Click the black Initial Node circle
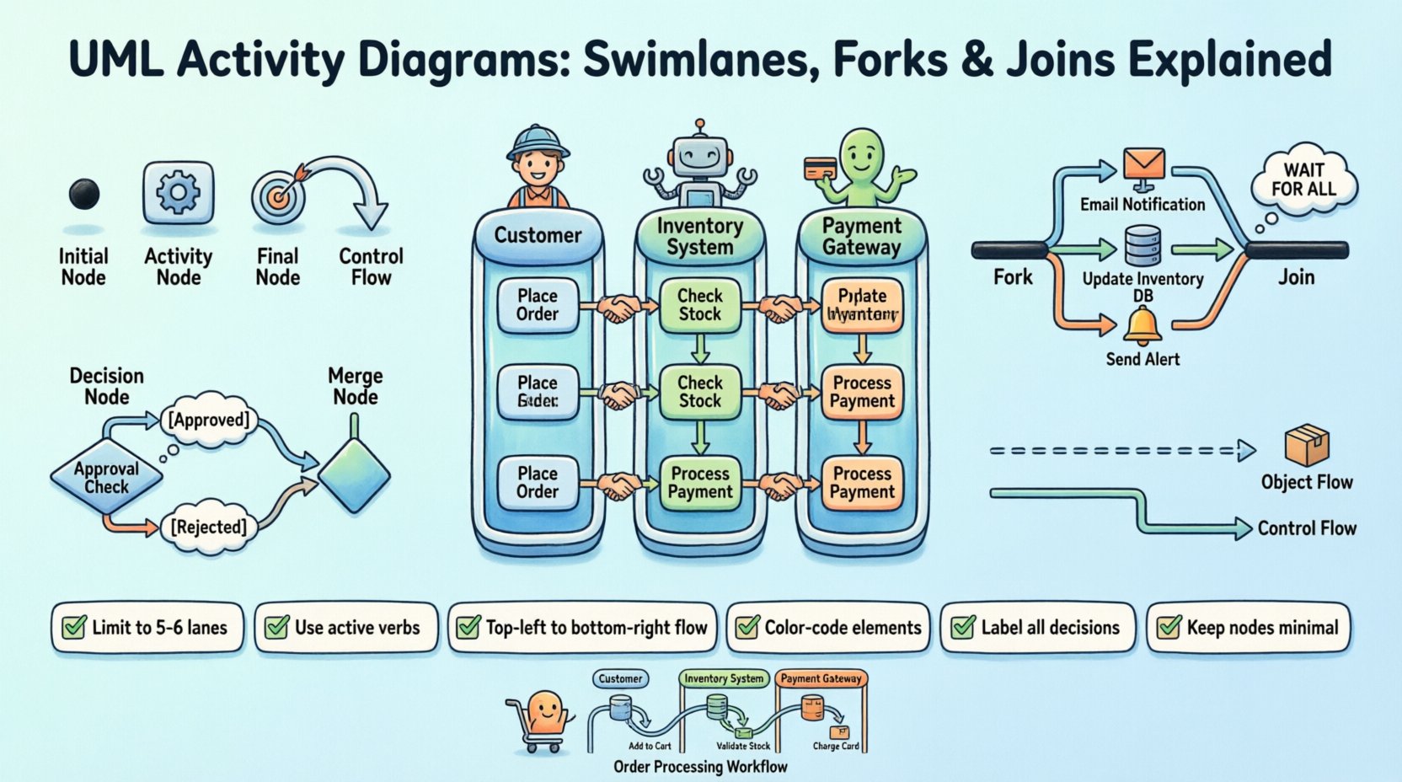click(x=84, y=195)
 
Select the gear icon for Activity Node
click(x=178, y=193)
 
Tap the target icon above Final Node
click(x=278, y=195)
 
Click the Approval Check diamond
click(x=106, y=478)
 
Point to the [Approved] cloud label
click(x=209, y=420)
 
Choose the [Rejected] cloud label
click(x=208, y=528)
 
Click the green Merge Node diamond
click(x=354, y=474)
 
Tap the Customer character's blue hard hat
click(x=538, y=139)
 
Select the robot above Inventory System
click(x=699, y=164)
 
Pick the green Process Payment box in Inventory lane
click(x=700, y=483)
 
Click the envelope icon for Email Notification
click(x=1143, y=164)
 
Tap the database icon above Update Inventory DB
click(x=1143, y=246)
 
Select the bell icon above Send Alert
click(x=1142, y=325)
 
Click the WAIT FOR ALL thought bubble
click(x=1303, y=179)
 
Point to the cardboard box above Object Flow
click(x=1306, y=445)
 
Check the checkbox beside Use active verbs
click(x=277, y=627)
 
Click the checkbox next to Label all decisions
click(x=963, y=627)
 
